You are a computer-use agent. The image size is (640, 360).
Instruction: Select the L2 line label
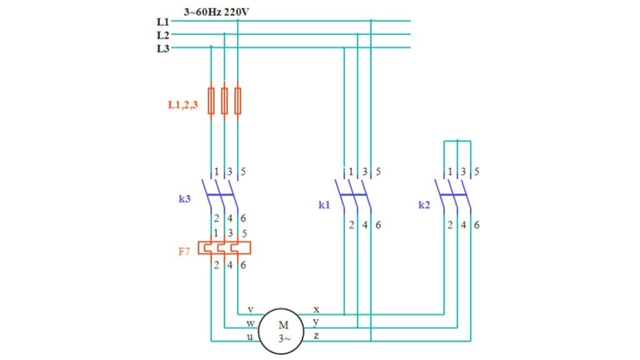point(162,35)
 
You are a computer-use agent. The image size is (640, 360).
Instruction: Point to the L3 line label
point(162,49)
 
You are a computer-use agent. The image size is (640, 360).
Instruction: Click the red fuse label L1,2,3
point(183,106)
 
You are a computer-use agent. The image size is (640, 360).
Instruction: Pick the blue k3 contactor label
point(184,199)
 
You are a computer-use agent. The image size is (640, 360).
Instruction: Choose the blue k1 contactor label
point(324,204)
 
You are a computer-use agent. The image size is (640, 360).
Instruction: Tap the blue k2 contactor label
point(425,204)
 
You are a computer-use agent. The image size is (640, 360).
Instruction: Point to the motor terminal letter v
point(250,309)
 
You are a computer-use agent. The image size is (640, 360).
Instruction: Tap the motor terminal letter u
point(250,337)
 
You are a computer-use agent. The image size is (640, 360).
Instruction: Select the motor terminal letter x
point(316,309)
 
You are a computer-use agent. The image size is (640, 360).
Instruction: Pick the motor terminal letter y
point(316,322)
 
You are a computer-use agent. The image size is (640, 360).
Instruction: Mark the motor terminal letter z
point(316,337)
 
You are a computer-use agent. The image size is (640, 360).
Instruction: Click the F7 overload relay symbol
point(224,248)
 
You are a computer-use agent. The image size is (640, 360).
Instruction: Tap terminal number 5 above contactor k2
point(477,171)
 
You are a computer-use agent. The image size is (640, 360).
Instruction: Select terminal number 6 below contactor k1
point(377,225)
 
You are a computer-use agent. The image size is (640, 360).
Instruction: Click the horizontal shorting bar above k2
point(457,141)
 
